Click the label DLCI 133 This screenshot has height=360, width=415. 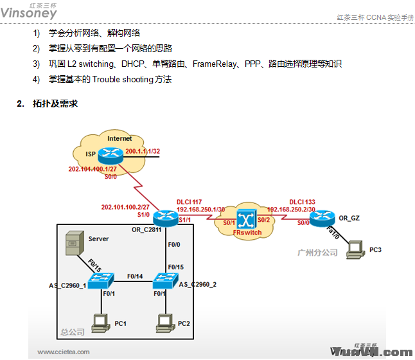[302, 201]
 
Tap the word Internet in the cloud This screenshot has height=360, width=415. [119, 138]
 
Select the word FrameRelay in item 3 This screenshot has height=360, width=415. [213, 64]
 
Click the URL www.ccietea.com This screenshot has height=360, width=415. [64, 352]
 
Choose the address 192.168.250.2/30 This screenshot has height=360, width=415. [290, 210]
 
